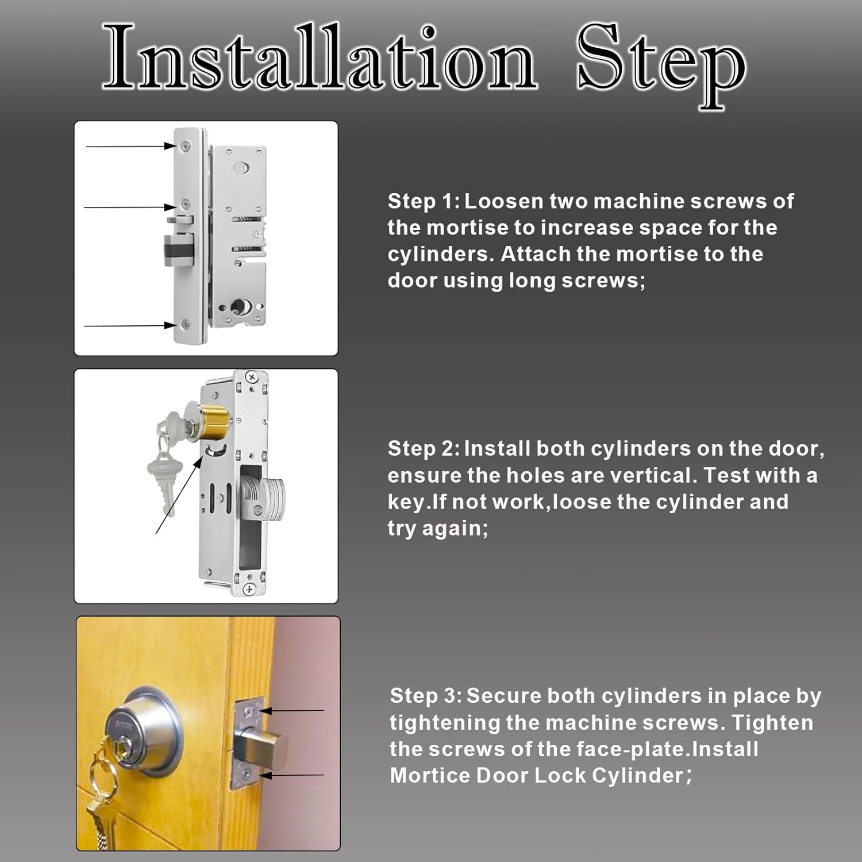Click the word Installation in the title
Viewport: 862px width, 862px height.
(320, 57)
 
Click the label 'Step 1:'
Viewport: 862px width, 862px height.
(424, 201)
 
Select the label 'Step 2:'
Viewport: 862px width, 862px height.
(424, 448)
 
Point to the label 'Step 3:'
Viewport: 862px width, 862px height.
(426, 695)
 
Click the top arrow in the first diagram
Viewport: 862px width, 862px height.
(131, 146)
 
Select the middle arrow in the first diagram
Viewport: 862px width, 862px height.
(130, 207)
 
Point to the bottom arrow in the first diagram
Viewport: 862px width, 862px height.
(130, 326)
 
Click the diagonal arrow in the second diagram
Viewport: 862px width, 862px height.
(180, 495)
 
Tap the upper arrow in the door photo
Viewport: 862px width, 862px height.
(291, 711)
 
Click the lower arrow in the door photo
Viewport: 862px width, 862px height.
(291, 775)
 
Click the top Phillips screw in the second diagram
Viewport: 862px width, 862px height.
(251, 377)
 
